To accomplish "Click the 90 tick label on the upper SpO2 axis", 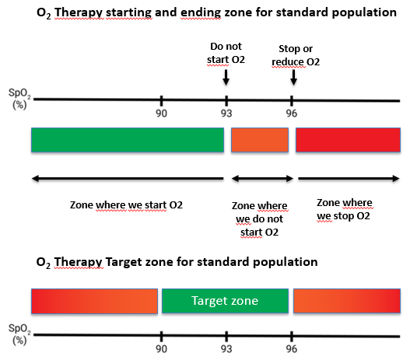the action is (161, 114).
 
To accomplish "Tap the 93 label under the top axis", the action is (226, 114).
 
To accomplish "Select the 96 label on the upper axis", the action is (292, 114).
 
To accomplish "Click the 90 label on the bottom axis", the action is (161, 349).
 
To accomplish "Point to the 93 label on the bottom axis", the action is (226, 349).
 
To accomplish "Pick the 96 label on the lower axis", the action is (292, 349).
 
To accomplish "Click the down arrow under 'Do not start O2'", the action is (226, 77).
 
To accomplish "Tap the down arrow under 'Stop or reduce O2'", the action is (293, 77).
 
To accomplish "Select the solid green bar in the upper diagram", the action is (128, 140).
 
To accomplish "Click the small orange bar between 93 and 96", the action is (260, 140).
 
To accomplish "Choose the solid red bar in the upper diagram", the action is (348, 140).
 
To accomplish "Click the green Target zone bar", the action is (225, 301).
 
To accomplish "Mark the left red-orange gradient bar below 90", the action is (94, 301).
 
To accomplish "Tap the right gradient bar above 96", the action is (347, 301).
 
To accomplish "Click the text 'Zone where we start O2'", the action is (126, 205).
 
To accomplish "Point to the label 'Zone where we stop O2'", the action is (345, 209).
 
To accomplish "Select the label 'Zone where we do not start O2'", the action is (259, 219).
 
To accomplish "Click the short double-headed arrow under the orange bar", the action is (262, 179).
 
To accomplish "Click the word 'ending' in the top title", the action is (201, 12).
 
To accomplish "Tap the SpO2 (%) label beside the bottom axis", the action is (19, 334).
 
